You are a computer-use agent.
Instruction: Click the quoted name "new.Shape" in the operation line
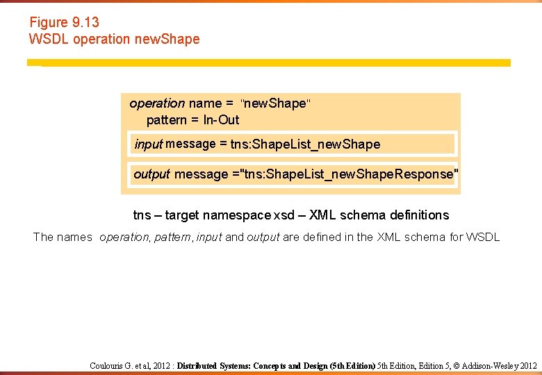coord(276,103)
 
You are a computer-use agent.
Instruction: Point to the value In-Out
coord(221,120)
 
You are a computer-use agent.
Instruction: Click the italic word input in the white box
coord(148,144)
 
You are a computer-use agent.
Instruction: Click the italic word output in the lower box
coord(151,174)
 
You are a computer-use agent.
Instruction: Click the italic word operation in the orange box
coord(157,103)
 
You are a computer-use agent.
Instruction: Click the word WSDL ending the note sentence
coord(482,237)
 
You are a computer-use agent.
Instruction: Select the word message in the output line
coord(201,174)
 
